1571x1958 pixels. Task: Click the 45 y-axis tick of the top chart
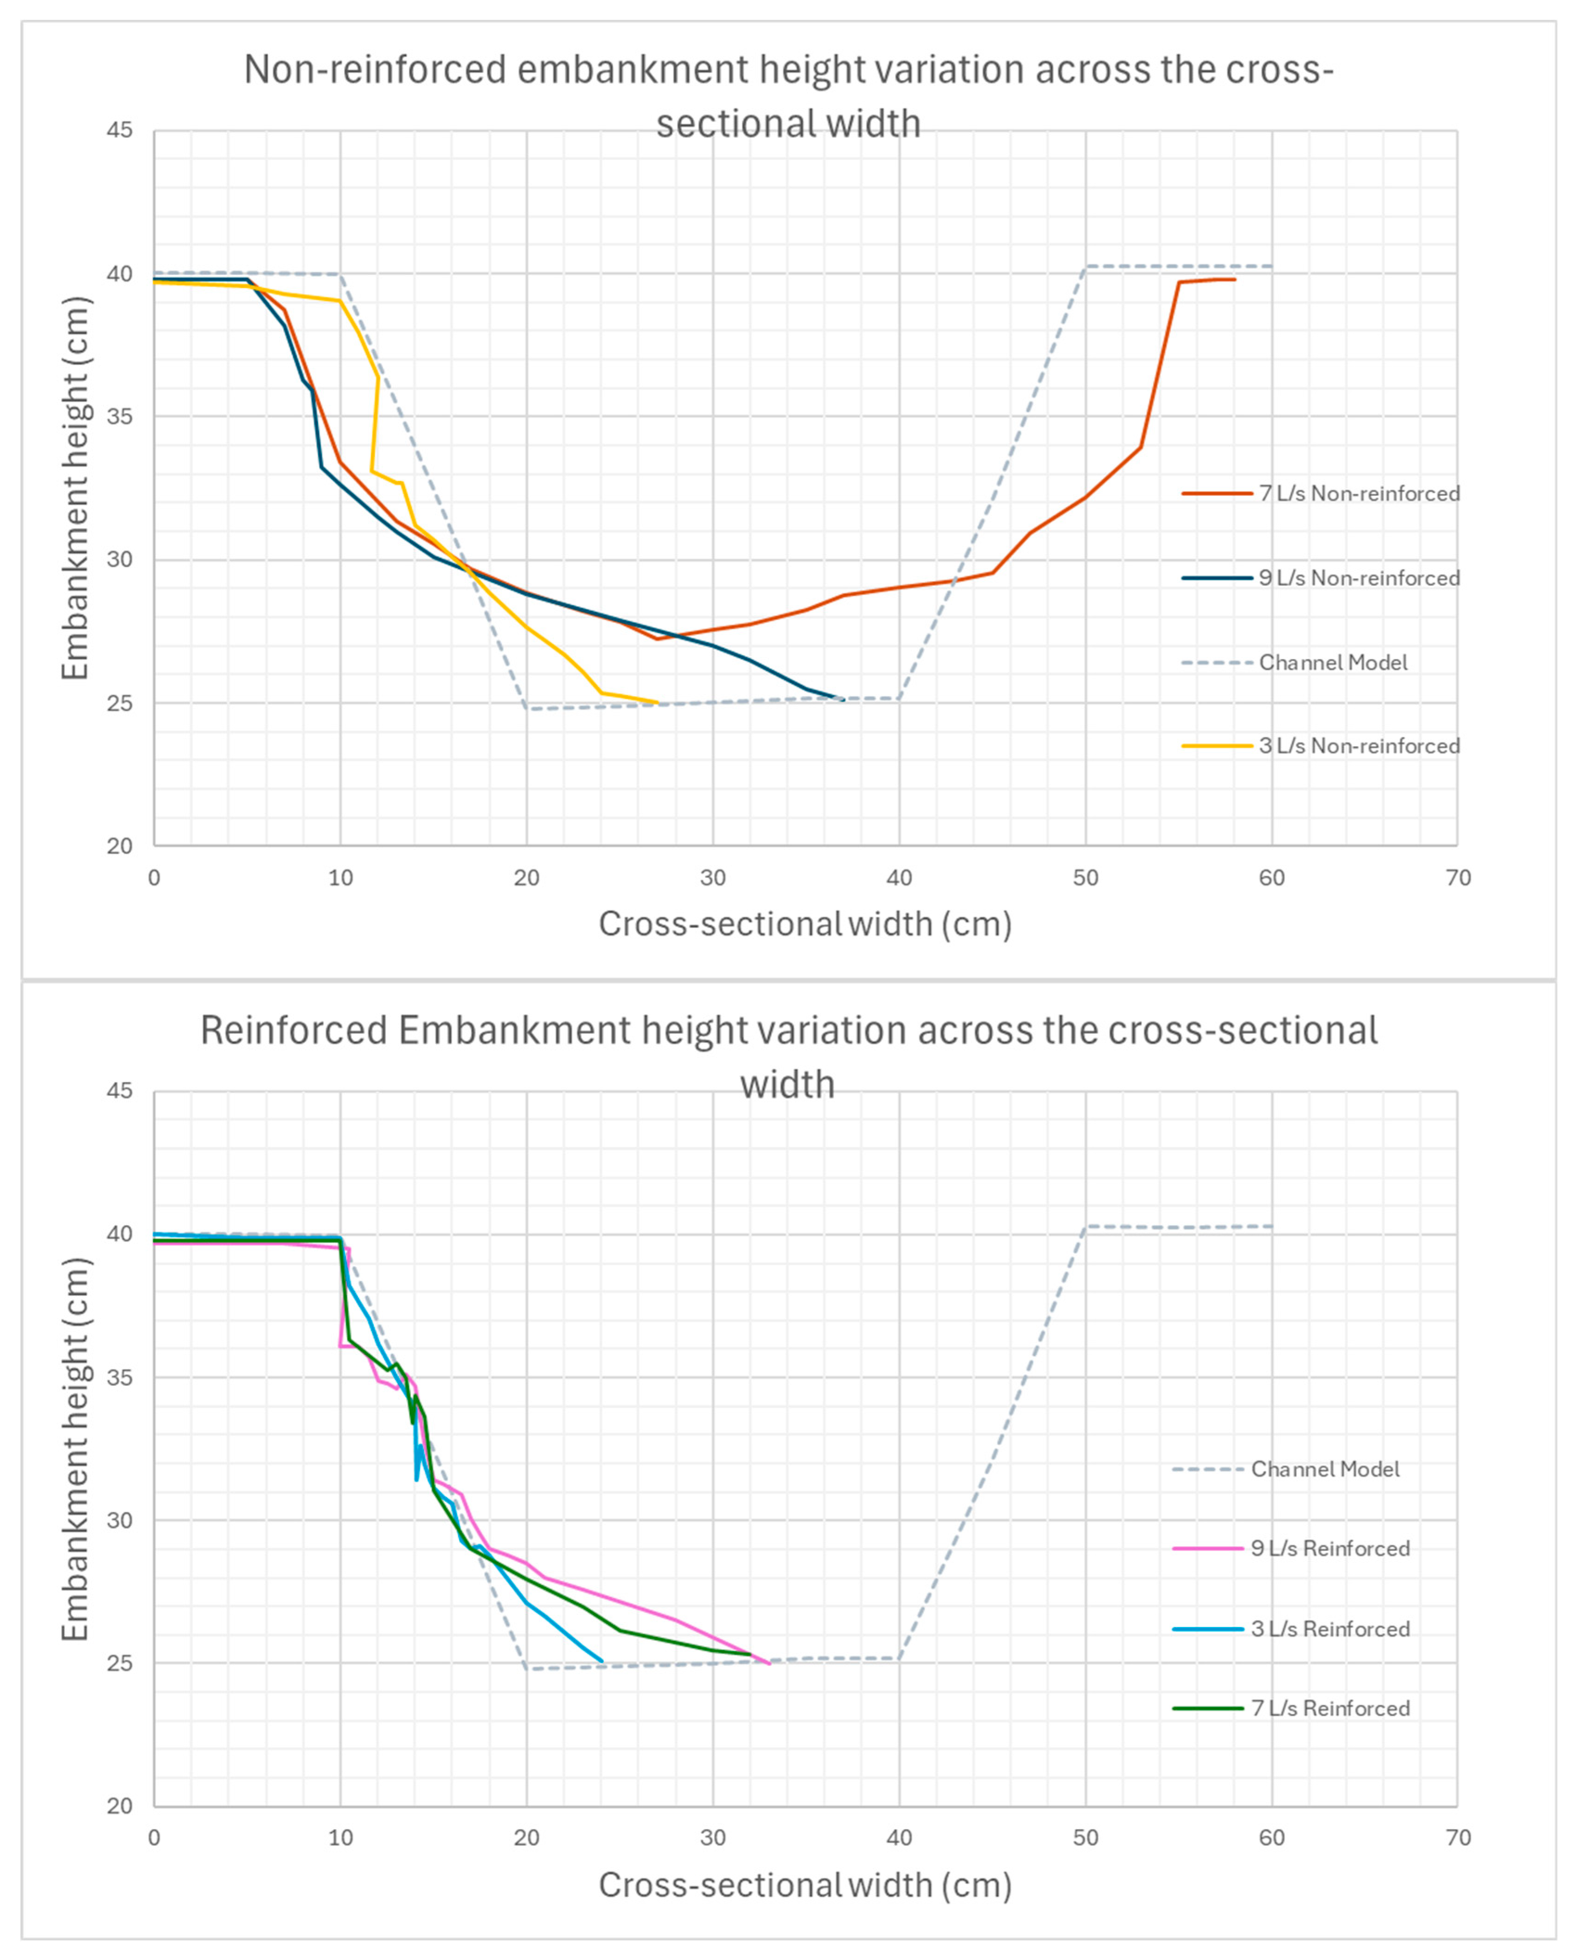119,131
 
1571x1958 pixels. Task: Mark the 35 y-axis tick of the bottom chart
119,1378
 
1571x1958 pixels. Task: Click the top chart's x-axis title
805,925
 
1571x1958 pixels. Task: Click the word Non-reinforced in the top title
374,70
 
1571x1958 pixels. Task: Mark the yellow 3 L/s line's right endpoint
658,702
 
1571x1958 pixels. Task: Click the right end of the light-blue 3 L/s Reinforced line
602,1662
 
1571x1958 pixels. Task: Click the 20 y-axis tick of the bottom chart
119,1806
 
